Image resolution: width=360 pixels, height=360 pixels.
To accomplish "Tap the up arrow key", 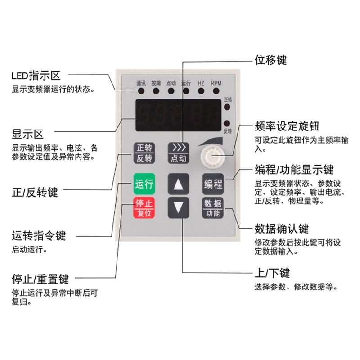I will click(179, 184).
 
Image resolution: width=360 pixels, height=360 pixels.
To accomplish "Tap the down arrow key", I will click(179, 207).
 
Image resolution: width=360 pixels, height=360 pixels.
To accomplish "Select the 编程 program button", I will click(213, 184).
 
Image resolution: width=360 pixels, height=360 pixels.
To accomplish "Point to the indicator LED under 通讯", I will click(141, 91).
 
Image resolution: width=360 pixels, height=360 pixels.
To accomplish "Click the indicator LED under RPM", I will click(216, 91).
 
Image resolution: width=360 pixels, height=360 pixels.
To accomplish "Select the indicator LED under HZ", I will click(201, 91).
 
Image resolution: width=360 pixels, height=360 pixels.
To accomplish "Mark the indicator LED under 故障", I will click(156, 91).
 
